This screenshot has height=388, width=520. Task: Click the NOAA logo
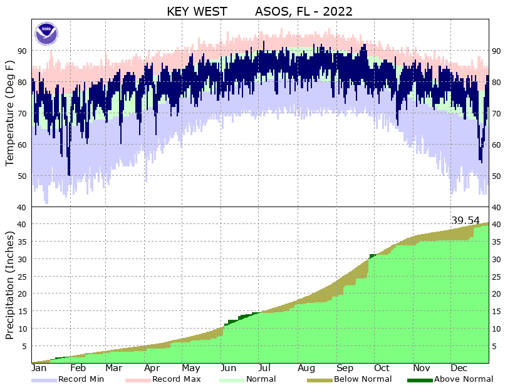coord(46,33)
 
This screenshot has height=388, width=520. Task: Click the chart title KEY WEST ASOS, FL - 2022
coord(259,11)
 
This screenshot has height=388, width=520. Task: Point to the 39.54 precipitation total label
coord(465,220)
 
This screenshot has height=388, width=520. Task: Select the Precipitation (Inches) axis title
coord(10,285)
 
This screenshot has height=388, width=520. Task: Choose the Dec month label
coord(460,368)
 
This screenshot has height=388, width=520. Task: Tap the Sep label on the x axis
coord(345,368)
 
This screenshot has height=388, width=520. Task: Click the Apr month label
coord(153,368)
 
